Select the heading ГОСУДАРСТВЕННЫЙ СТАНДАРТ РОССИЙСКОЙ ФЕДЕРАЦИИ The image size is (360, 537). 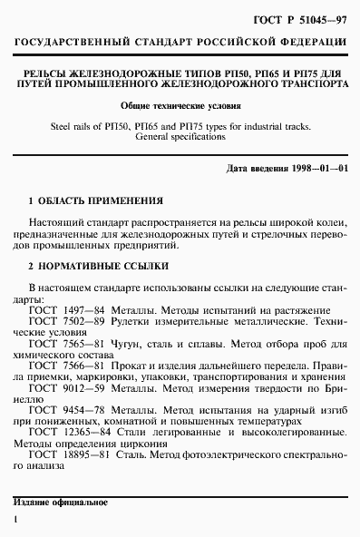180,43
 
